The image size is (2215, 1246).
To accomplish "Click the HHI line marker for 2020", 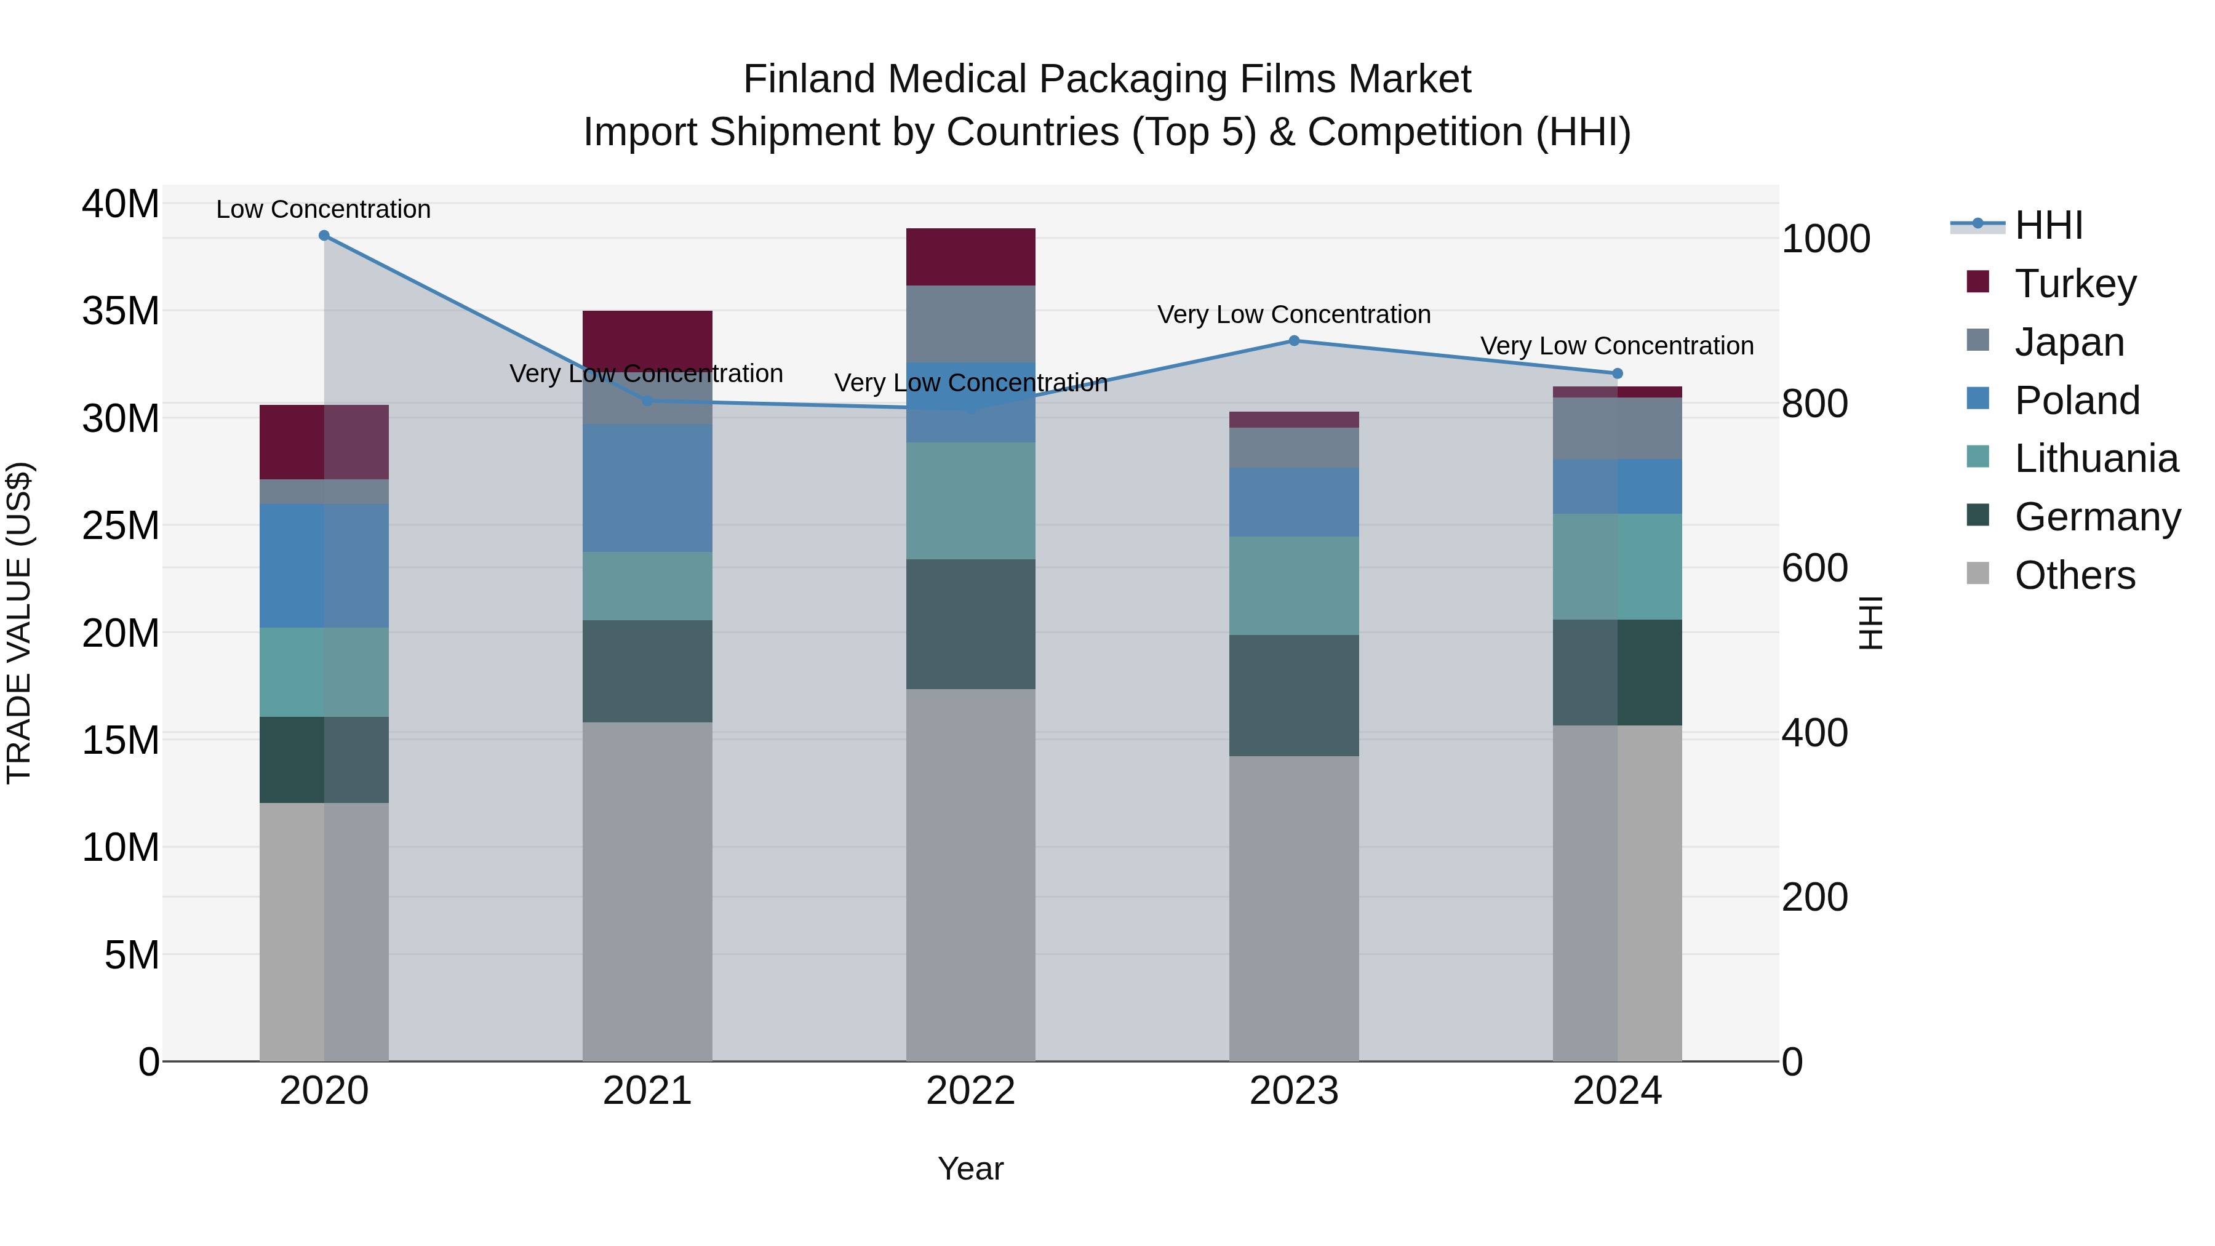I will [x=324, y=236].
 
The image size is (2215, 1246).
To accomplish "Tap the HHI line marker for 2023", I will [x=1294, y=340].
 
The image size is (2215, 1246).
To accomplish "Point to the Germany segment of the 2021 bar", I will [x=647, y=671].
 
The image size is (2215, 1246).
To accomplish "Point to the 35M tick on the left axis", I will [x=121, y=311].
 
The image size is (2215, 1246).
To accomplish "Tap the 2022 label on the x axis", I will [x=971, y=1091].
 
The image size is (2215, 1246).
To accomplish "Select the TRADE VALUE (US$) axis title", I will [x=19, y=623].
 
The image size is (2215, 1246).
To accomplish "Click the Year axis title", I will [x=971, y=1168].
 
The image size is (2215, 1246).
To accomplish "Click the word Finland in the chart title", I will [x=808, y=79].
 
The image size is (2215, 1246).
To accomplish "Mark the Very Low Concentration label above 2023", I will [x=1294, y=314].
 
